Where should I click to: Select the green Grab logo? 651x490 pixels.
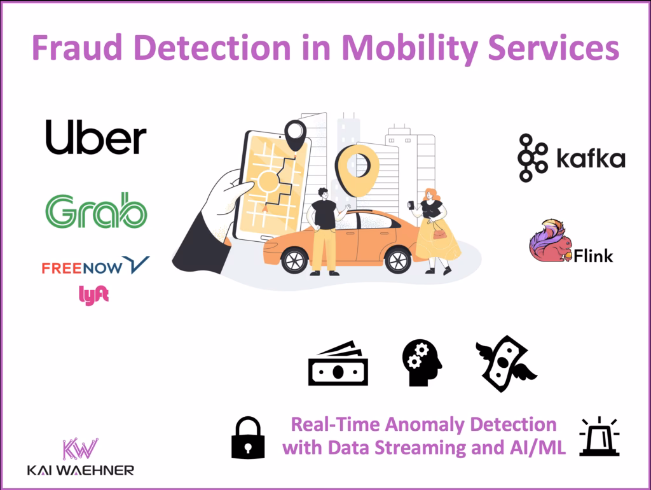point(96,210)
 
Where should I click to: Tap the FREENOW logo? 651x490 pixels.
point(95,265)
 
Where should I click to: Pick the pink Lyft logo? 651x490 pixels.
point(93,295)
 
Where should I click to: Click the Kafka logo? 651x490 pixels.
point(571,158)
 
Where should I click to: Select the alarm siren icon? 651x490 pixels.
point(599,437)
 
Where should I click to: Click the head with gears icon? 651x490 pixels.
point(421,363)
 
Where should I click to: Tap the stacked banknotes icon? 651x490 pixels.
point(338,363)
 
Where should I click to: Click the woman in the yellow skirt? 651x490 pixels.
point(437,229)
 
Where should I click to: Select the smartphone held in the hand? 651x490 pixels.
point(270,185)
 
